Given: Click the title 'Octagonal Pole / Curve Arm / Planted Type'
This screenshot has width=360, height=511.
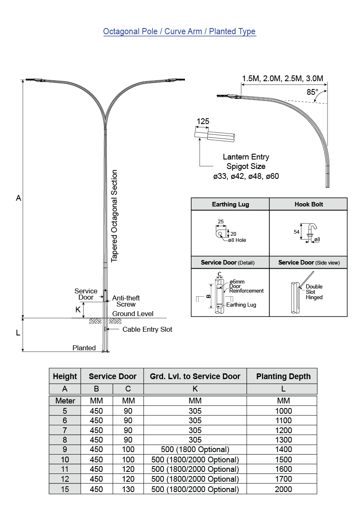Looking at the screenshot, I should pyautogui.click(x=179, y=32).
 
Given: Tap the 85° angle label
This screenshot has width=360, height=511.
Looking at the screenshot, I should pyautogui.click(x=312, y=92).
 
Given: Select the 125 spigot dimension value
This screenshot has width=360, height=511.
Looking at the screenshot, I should pyautogui.click(x=203, y=121).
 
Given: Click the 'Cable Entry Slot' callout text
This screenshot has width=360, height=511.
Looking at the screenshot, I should pyautogui.click(x=147, y=329).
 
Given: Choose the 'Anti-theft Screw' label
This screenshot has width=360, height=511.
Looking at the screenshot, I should pyautogui.click(x=126, y=301).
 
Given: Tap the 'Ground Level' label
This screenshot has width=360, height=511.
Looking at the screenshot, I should pyautogui.click(x=133, y=314).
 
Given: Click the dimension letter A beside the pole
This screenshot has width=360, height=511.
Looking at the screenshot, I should pyautogui.click(x=19, y=198).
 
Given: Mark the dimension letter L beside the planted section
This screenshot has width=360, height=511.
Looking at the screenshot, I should pyautogui.click(x=18, y=333).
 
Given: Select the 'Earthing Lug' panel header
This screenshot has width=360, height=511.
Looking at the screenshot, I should pyautogui.click(x=230, y=204).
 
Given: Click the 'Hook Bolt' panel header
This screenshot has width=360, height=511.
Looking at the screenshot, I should pyautogui.click(x=309, y=204).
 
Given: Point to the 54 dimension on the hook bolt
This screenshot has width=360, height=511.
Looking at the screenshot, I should pyautogui.click(x=297, y=232).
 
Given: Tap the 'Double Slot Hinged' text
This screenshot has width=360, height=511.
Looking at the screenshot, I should pyautogui.click(x=314, y=292).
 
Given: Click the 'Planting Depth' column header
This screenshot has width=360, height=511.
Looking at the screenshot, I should pyautogui.click(x=283, y=376).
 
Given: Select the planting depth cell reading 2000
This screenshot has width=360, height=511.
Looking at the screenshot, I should pyautogui.click(x=283, y=489).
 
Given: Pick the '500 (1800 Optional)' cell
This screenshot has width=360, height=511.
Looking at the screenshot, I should pyautogui.click(x=195, y=450).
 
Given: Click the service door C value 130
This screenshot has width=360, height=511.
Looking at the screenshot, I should pyautogui.click(x=128, y=489).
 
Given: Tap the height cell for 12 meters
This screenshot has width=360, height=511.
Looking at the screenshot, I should pyautogui.click(x=65, y=479).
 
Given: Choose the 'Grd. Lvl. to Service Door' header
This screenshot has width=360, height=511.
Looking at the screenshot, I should pyautogui.click(x=195, y=376).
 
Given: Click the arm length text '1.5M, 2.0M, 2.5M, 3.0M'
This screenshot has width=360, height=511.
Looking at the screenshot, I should pyautogui.click(x=283, y=78).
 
